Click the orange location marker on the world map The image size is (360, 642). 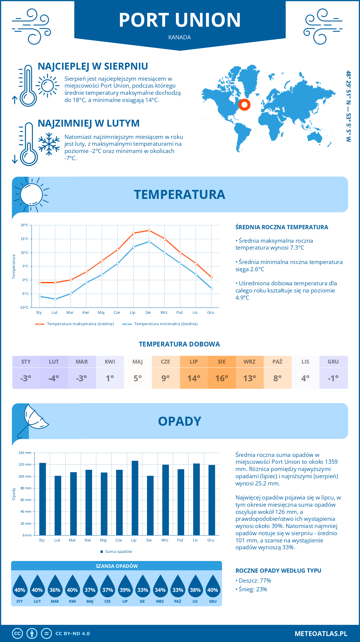[244, 105]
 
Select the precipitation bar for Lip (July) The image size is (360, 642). [135, 498]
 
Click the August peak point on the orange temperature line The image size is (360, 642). [149, 230]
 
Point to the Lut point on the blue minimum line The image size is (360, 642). [55, 299]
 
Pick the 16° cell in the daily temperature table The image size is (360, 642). [222, 378]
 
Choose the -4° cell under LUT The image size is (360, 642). [54, 378]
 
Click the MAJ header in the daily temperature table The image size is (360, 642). [138, 362]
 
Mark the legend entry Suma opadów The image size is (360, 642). [118, 552]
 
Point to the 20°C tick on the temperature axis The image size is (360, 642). [25, 225]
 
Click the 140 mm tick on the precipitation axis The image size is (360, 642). [25, 453]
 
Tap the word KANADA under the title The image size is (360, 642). [180, 37]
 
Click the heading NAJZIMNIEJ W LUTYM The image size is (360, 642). [88, 123]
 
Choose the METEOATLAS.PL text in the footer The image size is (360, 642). [321, 634]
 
